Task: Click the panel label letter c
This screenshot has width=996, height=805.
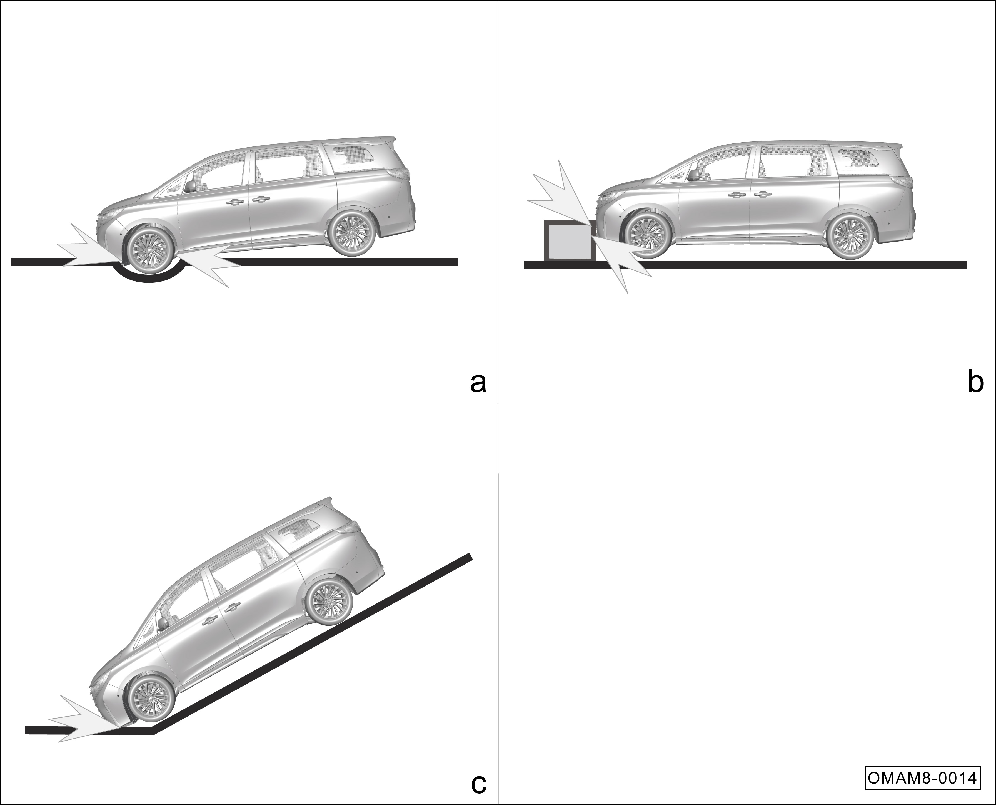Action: tap(478, 784)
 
